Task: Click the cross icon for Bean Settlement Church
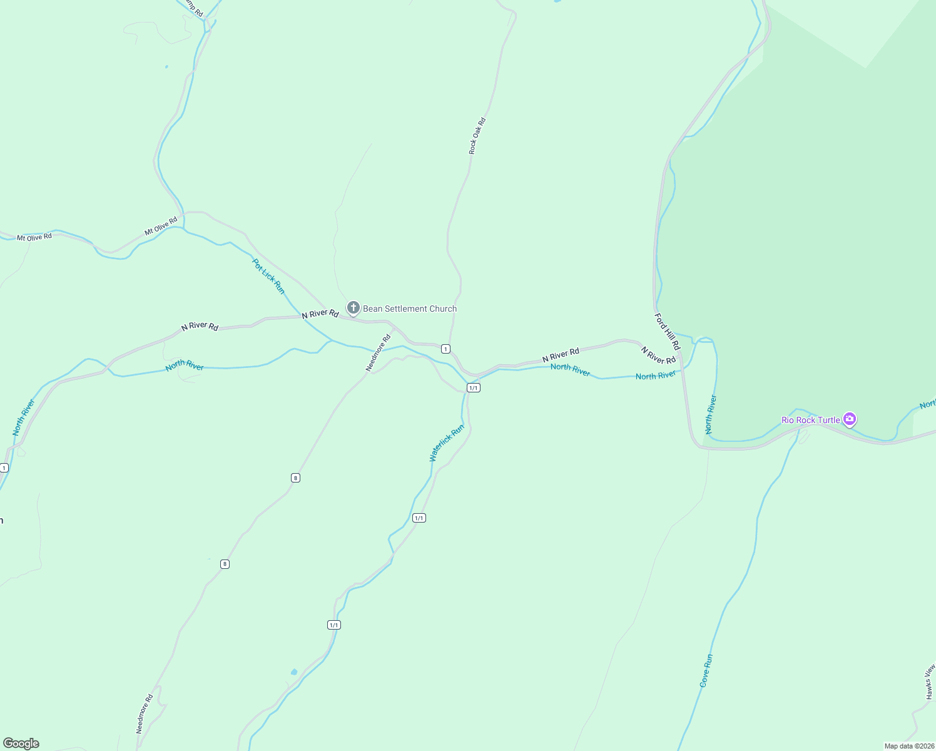tap(353, 307)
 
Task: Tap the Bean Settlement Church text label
tap(410, 309)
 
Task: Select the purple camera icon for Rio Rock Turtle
tap(849, 419)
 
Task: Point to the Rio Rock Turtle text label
tap(810, 420)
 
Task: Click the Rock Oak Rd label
tap(477, 136)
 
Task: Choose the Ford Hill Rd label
tap(667, 332)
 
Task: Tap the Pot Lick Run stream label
tap(268, 276)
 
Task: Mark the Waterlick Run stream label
tap(447, 443)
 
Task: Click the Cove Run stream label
tap(706, 671)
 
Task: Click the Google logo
tap(21, 743)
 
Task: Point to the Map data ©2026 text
tap(908, 746)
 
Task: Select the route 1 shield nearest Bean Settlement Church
tap(445, 349)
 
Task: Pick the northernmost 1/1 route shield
tap(474, 388)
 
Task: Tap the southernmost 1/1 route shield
tap(333, 625)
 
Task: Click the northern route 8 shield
tap(295, 478)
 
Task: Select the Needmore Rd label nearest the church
tap(378, 353)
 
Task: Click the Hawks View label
tap(930, 682)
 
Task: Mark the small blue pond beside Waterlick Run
tap(294, 672)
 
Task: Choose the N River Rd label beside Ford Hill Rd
tap(658, 355)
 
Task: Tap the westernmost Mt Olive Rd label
tap(34, 237)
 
